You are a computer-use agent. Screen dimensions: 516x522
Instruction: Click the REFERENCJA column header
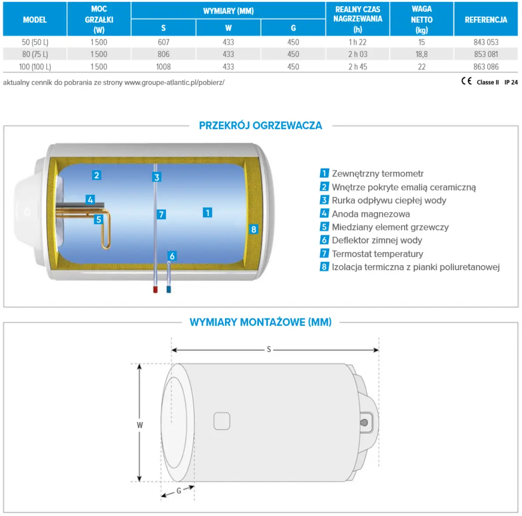click(x=486, y=20)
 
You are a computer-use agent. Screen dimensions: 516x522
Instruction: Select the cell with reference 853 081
click(x=486, y=54)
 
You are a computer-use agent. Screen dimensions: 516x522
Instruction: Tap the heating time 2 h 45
click(x=358, y=67)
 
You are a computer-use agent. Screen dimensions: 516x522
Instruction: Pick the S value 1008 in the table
click(x=163, y=67)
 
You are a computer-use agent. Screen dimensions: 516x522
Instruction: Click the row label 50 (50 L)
click(x=35, y=42)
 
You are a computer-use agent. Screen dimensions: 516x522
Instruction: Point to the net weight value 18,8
click(x=421, y=54)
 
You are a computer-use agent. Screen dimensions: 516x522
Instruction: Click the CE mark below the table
click(x=466, y=81)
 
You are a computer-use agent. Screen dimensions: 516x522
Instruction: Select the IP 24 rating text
click(x=511, y=82)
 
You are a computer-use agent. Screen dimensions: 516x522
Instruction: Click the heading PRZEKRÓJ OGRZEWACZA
click(x=261, y=126)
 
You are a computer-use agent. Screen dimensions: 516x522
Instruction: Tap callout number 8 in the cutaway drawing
click(x=254, y=229)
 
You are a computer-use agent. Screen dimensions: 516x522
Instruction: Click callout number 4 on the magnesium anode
click(x=90, y=200)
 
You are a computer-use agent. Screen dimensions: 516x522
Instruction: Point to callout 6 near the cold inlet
click(x=172, y=256)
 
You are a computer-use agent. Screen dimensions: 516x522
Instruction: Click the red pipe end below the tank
click(x=155, y=289)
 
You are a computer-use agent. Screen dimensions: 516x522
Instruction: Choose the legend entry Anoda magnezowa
click(x=370, y=214)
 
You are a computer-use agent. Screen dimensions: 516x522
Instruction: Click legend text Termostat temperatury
click(x=377, y=254)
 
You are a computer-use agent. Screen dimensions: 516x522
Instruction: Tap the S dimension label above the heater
click(x=269, y=350)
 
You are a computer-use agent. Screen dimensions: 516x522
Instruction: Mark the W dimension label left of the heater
click(x=140, y=425)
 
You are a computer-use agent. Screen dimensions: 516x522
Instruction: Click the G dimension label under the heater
click(x=179, y=491)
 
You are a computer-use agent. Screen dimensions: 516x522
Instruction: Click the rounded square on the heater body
click(x=222, y=421)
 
